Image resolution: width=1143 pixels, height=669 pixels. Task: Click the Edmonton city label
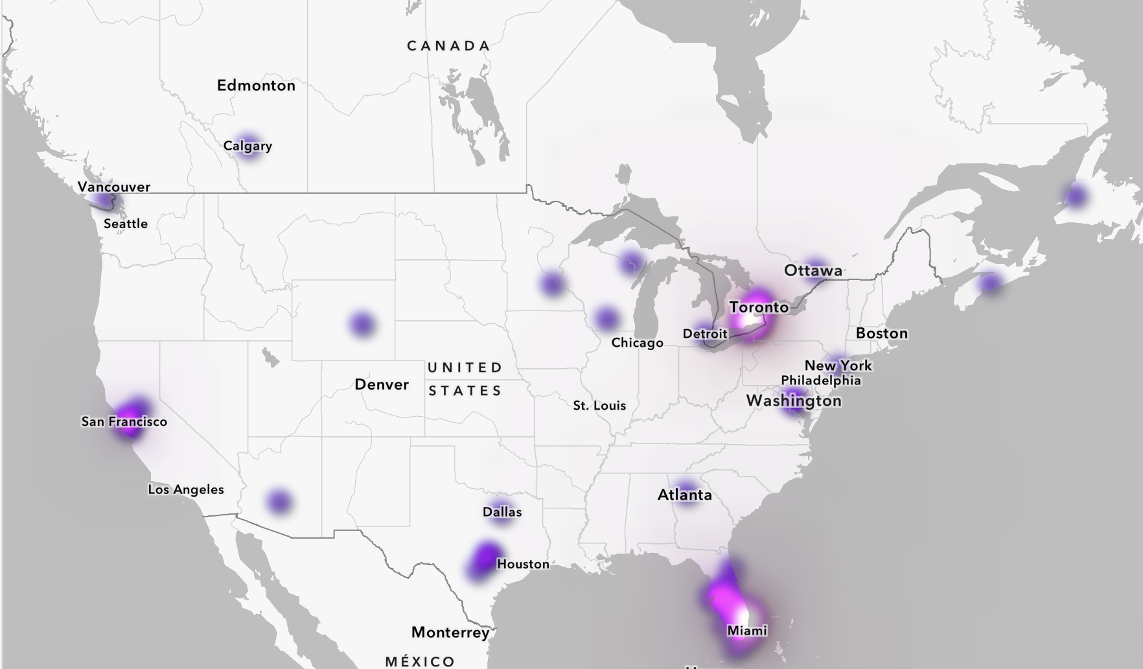point(256,86)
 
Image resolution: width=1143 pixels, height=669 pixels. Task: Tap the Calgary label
point(248,146)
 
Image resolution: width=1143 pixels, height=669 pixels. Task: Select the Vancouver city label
point(114,187)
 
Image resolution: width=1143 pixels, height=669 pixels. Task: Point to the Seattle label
point(126,224)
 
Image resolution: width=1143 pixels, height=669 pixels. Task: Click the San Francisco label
point(124,421)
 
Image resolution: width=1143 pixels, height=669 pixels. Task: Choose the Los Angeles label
point(186,489)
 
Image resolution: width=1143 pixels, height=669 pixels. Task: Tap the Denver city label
point(382,384)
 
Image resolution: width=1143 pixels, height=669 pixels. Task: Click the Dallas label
point(502,512)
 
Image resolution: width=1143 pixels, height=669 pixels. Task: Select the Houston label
point(523,564)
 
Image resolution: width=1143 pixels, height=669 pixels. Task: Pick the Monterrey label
point(450,632)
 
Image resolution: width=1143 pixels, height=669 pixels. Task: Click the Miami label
point(747,630)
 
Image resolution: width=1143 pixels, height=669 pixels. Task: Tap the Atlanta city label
point(685,495)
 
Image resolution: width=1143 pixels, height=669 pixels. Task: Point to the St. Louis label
point(599,406)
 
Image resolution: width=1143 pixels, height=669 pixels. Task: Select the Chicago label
point(637,343)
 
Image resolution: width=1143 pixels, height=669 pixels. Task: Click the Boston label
point(882,333)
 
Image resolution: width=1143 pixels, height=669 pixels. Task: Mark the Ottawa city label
point(813,270)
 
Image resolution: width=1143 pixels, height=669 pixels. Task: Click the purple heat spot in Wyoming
point(362,323)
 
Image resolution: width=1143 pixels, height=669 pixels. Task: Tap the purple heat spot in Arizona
point(279,501)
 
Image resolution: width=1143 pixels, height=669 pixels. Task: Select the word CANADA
point(448,46)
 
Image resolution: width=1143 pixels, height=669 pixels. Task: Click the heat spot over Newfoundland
point(1075,195)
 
